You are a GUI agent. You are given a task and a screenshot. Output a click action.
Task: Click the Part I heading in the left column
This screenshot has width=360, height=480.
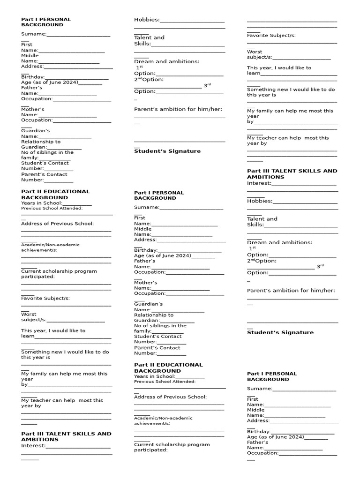tap(46, 22)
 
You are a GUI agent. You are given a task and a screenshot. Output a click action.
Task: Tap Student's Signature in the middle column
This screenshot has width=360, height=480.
tap(167, 151)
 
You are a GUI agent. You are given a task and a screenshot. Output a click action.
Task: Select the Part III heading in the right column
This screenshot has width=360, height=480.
tap(292, 174)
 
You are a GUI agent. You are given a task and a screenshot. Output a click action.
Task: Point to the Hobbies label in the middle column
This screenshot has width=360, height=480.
tap(146, 20)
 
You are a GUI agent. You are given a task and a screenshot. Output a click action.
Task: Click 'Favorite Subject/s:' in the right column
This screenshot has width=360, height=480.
tap(271, 36)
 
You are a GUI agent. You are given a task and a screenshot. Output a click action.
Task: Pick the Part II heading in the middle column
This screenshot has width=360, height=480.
tap(168, 367)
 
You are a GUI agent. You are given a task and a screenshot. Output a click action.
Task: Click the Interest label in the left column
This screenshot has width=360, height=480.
tap(33, 446)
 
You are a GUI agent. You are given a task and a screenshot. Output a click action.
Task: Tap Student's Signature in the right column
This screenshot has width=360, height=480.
tap(280, 332)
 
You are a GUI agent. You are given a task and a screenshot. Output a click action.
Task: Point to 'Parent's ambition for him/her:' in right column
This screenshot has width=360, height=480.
tap(291, 291)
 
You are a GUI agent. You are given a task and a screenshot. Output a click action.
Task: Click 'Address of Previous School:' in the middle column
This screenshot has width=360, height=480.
tap(170, 397)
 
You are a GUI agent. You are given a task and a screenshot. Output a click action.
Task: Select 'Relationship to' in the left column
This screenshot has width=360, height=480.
tap(41, 142)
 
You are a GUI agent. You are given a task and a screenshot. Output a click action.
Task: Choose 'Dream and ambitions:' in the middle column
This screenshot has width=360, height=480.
tap(166, 61)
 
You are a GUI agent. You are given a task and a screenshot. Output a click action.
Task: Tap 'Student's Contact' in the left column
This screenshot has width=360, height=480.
tap(44, 163)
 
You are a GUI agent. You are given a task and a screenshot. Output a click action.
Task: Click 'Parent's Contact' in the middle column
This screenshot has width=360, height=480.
tap(157, 348)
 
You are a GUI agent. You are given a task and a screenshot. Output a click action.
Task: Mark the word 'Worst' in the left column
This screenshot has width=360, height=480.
tap(29, 314)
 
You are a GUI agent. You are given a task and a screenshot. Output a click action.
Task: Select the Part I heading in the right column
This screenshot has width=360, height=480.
tap(271, 376)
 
